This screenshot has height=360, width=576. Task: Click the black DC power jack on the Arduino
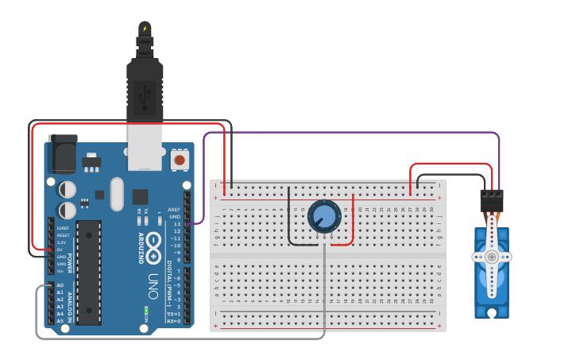click(63, 154)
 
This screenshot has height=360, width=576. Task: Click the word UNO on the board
click(153, 280)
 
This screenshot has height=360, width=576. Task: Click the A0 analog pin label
click(60, 285)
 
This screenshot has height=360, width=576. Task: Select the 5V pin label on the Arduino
click(60, 250)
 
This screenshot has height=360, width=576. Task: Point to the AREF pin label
click(174, 209)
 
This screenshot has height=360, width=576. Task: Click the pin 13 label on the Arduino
click(176, 224)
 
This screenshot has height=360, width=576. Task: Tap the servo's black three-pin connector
click(492, 200)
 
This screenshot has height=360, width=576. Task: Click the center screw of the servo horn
click(492, 257)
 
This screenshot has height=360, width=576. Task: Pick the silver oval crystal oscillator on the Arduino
click(118, 194)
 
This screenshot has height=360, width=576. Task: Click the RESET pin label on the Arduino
click(63, 235)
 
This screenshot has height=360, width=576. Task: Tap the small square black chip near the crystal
click(140, 196)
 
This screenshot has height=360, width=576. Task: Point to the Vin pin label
click(61, 271)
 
